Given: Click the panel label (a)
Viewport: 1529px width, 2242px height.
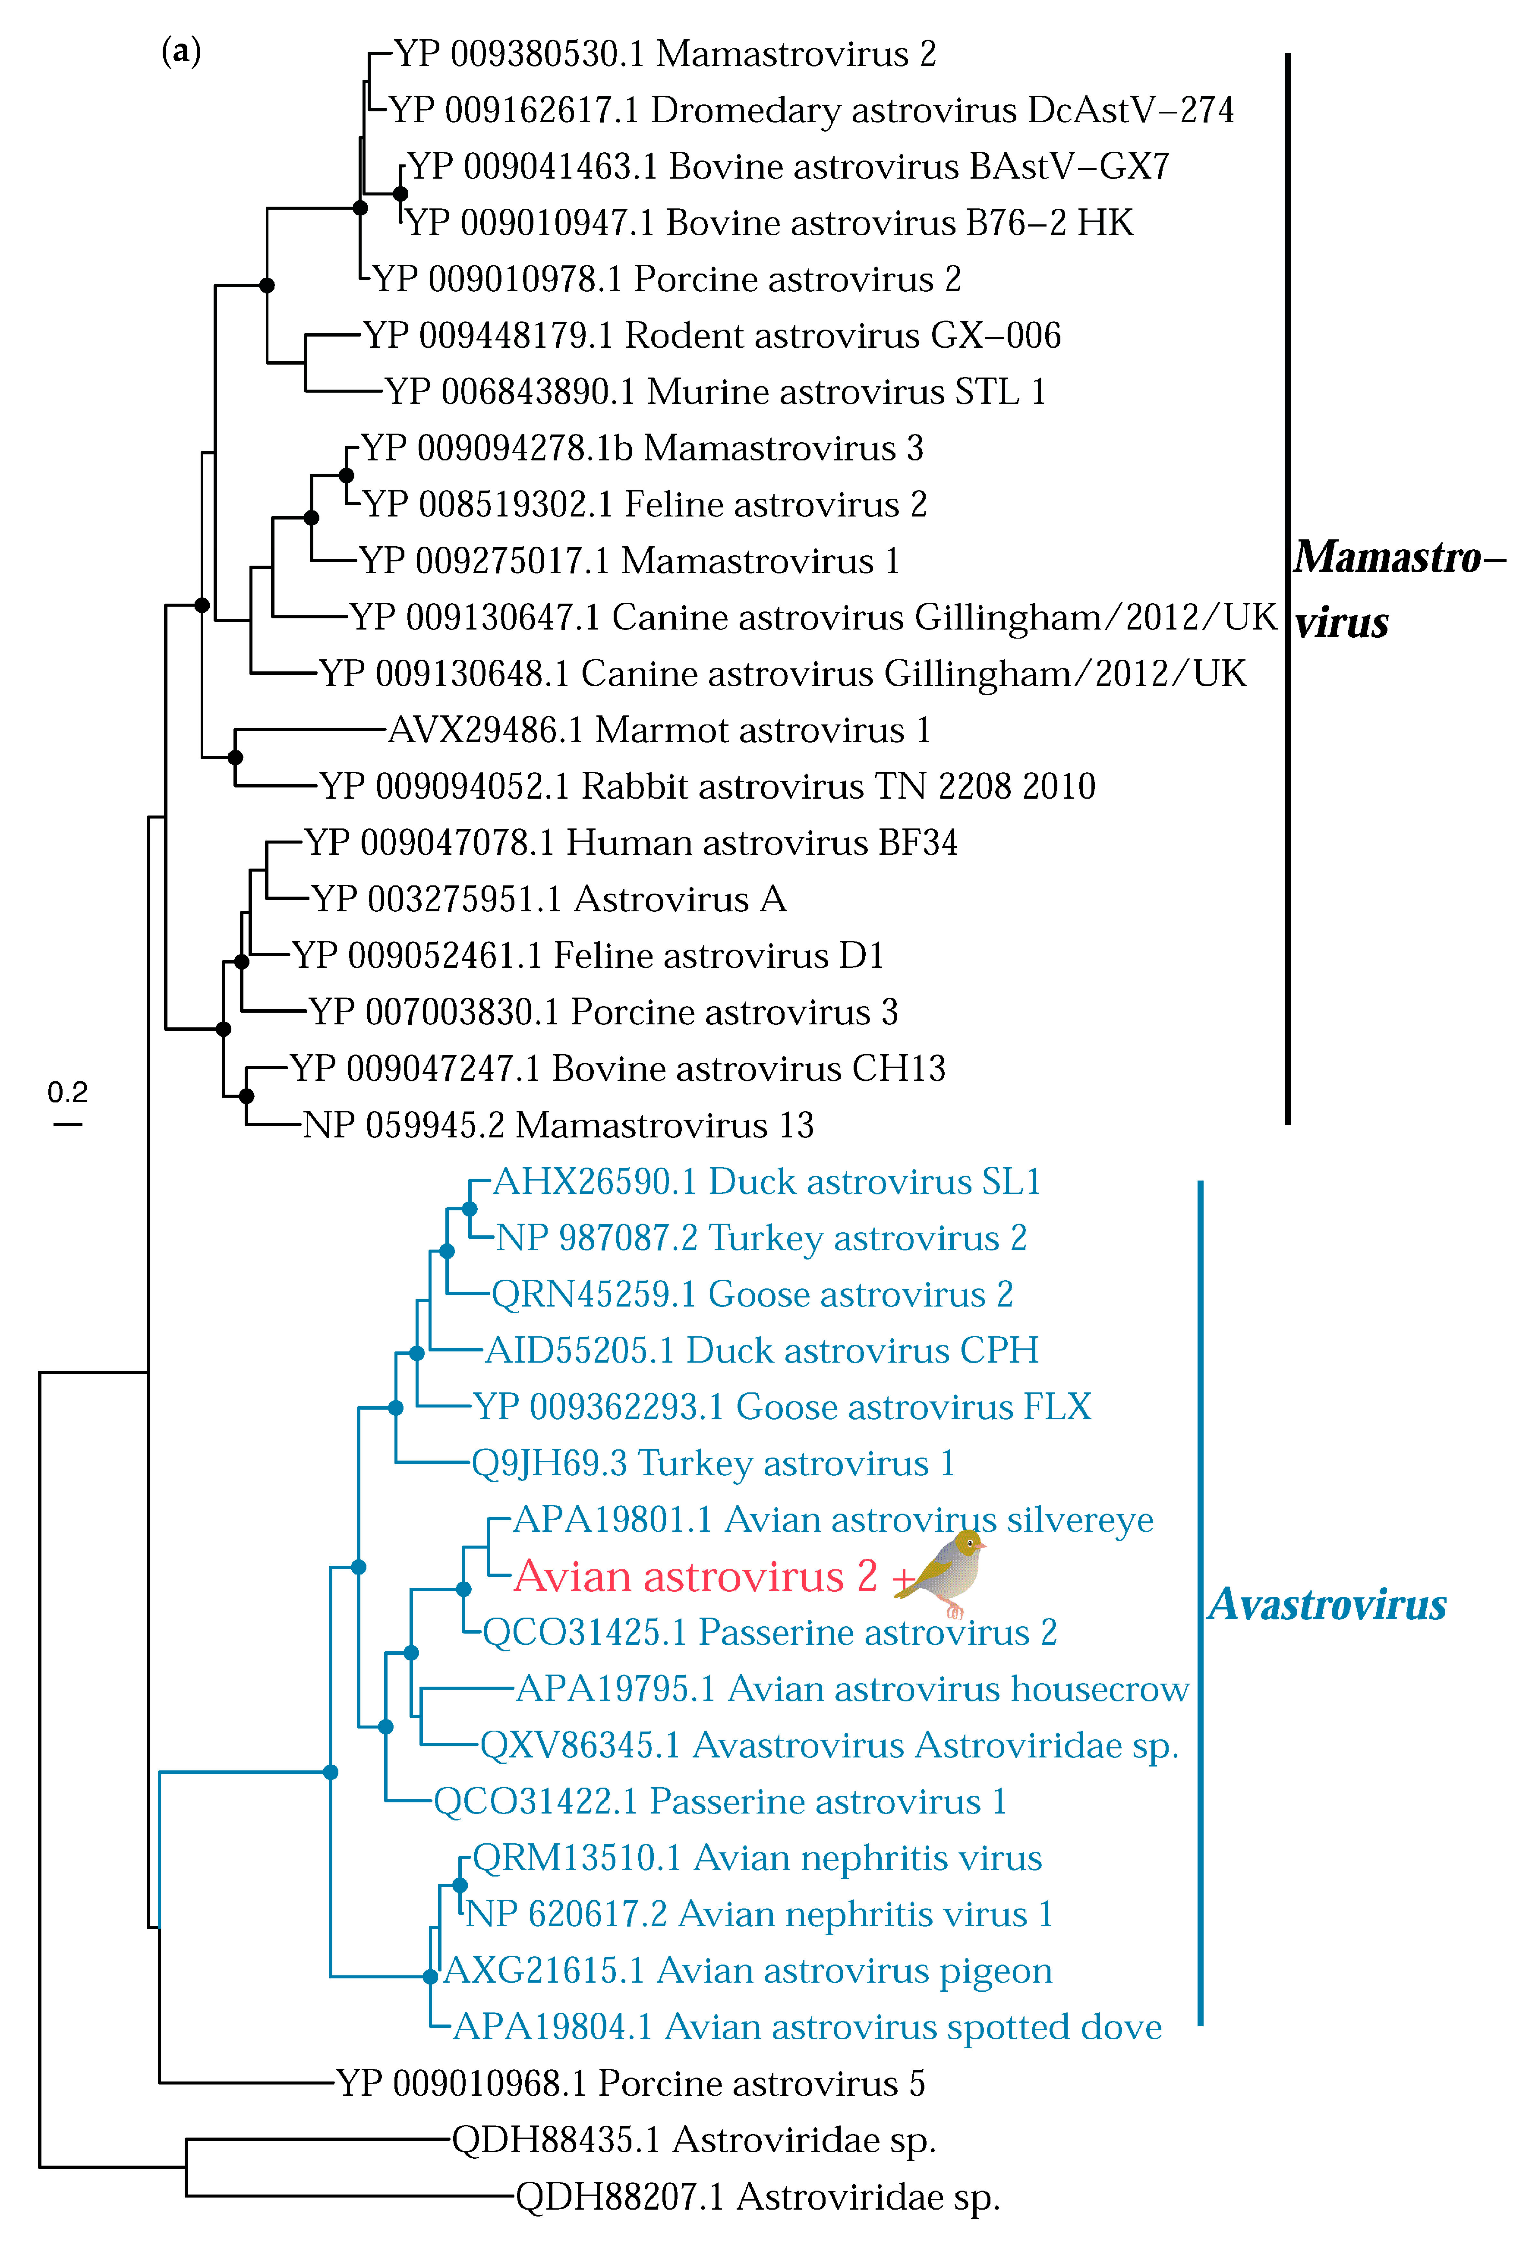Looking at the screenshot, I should (x=181, y=51).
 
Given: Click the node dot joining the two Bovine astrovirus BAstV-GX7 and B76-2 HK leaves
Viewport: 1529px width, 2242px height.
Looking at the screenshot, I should (x=400, y=194).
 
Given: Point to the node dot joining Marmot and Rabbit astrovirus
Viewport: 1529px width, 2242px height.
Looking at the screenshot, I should (x=235, y=757).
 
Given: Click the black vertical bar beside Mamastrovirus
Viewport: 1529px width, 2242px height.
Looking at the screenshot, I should (x=1288, y=589).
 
